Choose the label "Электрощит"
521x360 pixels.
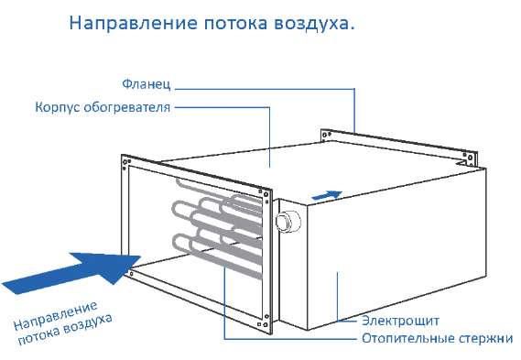click(400, 321)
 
